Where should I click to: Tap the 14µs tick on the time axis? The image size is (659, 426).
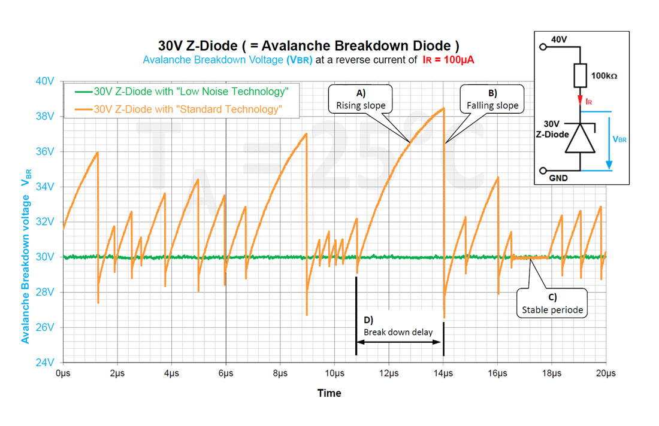[x=443, y=374]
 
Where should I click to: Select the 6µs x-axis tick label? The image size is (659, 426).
[x=225, y=374]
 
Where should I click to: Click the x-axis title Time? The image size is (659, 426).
[x=329, y=393]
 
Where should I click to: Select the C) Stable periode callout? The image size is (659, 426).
[x=552, y=303]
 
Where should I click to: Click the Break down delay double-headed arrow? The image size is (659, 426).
[x=400, y=342]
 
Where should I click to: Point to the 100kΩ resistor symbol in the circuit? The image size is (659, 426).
[x=579, y=76]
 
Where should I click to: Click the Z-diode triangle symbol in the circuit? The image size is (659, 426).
[x=580, y=139]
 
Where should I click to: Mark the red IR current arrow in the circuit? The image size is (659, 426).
[x=580, y=100]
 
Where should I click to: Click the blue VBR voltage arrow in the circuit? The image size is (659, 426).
[x=609, y=141]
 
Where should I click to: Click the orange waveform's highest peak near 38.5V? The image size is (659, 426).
[x=443, y=108]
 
